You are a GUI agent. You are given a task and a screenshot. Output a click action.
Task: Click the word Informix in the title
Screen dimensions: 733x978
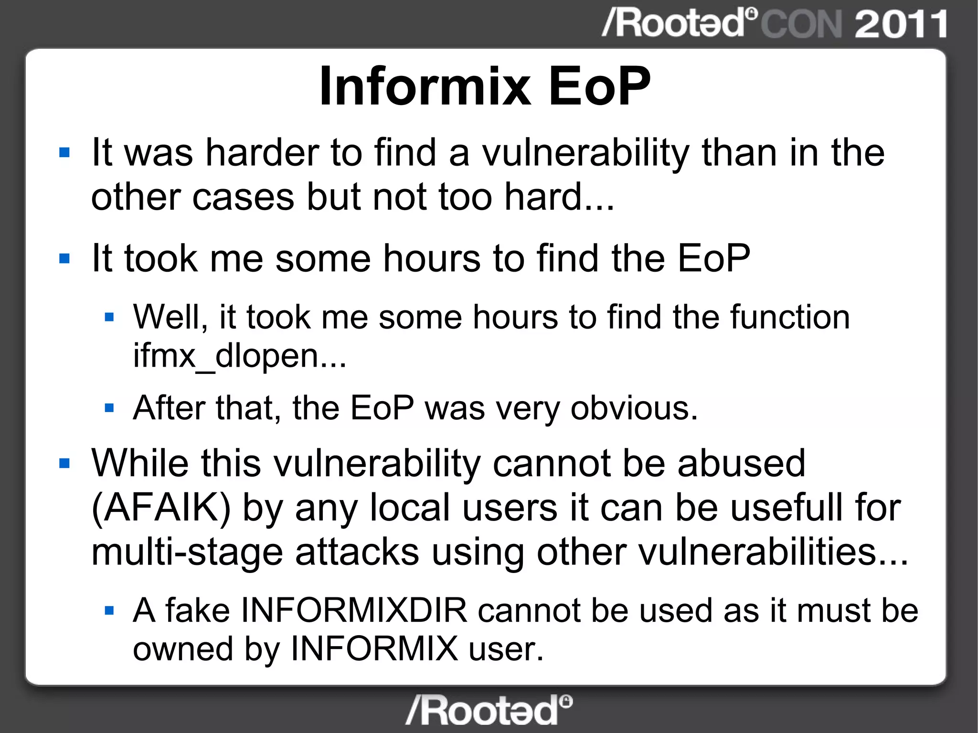pos(425,87)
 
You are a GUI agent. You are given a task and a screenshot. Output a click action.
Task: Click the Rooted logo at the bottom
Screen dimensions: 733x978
pos(489,711)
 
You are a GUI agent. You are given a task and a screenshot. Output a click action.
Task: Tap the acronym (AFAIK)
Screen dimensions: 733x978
pos(161,507)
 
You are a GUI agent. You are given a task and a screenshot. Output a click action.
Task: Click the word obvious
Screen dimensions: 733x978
pos(634,409)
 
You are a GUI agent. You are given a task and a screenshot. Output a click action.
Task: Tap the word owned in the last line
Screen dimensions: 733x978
pos(182,649)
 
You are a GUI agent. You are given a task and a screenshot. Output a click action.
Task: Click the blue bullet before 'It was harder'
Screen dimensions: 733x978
pos(64,153)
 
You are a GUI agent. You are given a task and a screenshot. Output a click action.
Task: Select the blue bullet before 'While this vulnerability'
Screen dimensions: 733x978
pos(64,463)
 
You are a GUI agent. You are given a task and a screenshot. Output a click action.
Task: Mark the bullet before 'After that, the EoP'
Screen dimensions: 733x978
pos(109,408)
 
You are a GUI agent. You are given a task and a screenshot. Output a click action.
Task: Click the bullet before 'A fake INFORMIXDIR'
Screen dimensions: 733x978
pos(109,610)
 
